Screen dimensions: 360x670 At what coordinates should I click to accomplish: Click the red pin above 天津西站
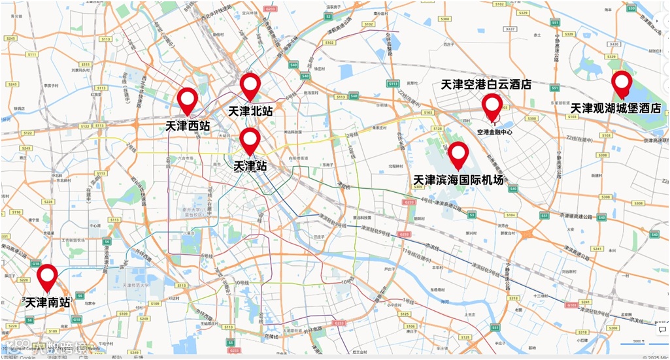click(188, 99)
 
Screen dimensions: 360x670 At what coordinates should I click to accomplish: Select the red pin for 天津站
click(250, 139)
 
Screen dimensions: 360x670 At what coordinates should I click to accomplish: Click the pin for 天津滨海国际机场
click(458, 154)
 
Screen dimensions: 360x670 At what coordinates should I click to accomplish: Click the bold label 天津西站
click(188, 125)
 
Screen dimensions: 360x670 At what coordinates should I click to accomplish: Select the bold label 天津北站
click(250, 111)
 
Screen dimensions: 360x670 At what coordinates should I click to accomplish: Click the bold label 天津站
click(250, 165)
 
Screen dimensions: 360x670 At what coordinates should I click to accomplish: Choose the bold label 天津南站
click(47, 303)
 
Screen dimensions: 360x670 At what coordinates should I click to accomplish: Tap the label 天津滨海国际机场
click(459, 179)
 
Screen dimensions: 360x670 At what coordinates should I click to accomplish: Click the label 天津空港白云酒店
click(486, 84)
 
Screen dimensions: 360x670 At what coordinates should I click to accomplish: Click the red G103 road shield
click(571, 304)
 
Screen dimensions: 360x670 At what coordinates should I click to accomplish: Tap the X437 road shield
click(511, 29)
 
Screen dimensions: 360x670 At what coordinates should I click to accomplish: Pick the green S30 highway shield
click(631, 8)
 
